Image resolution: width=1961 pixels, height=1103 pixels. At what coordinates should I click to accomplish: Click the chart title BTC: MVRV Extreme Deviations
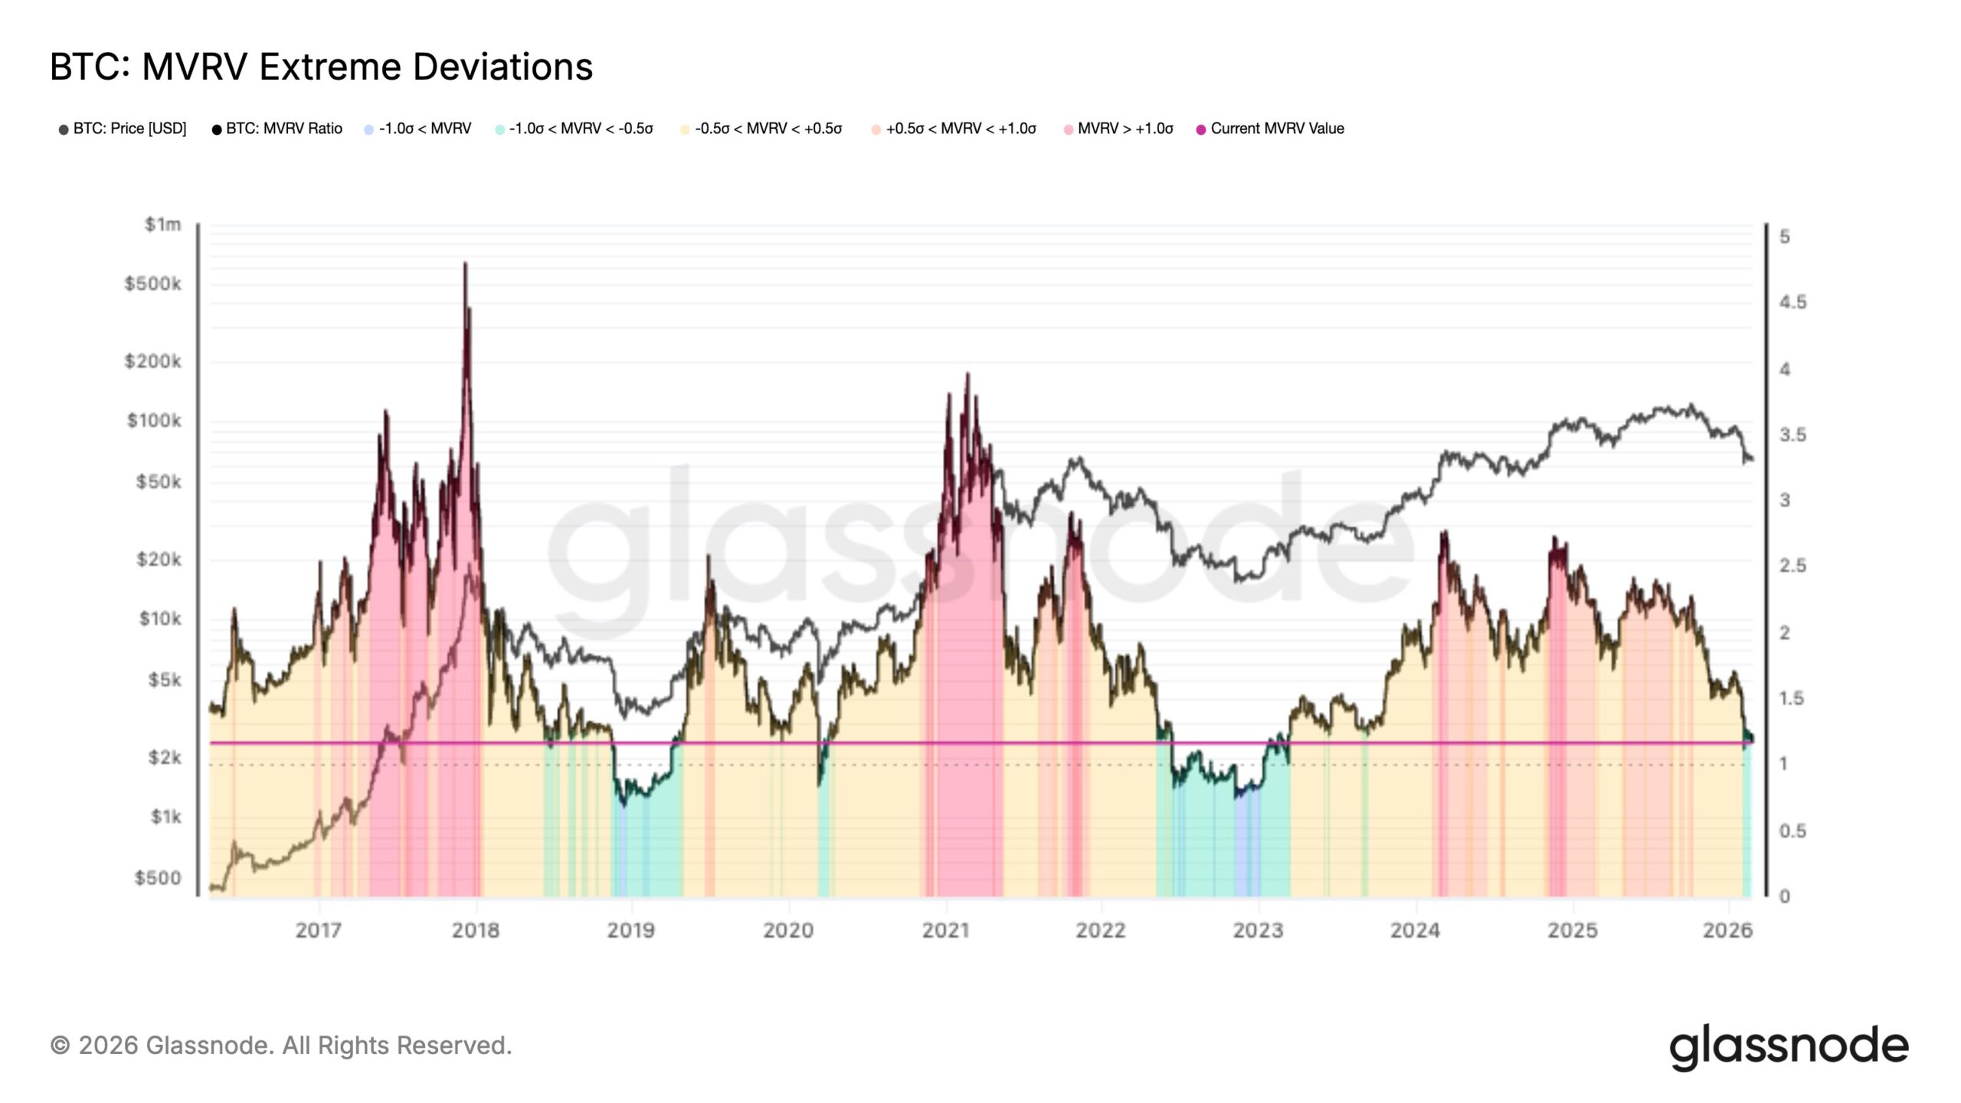pos(321,67)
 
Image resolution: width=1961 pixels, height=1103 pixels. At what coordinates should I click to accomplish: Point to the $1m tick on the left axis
pos(163,224)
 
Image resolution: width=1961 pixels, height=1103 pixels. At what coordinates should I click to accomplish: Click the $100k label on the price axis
pos(154,421)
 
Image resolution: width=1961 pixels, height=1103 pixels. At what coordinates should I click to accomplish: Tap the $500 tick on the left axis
pos(158,878)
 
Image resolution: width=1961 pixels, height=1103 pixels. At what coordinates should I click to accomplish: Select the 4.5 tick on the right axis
pos(1792,303)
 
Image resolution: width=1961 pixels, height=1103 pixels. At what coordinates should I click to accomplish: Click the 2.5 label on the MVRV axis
pos(1792,566)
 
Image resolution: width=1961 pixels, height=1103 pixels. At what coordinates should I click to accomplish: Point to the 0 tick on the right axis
pos(1785,896)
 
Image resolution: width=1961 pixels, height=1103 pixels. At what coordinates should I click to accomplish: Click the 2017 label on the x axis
pos(319,931)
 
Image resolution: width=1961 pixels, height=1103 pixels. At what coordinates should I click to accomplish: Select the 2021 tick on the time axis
pos(945,931)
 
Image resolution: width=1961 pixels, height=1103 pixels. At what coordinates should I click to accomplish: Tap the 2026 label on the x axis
pos(1727,931)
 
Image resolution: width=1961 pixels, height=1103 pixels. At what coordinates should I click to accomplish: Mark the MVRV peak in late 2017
pos(465,264)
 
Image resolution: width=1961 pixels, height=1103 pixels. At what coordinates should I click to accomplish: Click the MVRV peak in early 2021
pos(967,375)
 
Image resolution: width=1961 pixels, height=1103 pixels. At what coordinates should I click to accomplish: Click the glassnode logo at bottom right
pos(1789,1046)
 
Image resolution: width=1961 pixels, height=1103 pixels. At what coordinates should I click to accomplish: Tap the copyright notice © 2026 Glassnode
pos(281,1046)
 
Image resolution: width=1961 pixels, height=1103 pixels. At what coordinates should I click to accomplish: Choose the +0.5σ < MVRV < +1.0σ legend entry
pos(960,129)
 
